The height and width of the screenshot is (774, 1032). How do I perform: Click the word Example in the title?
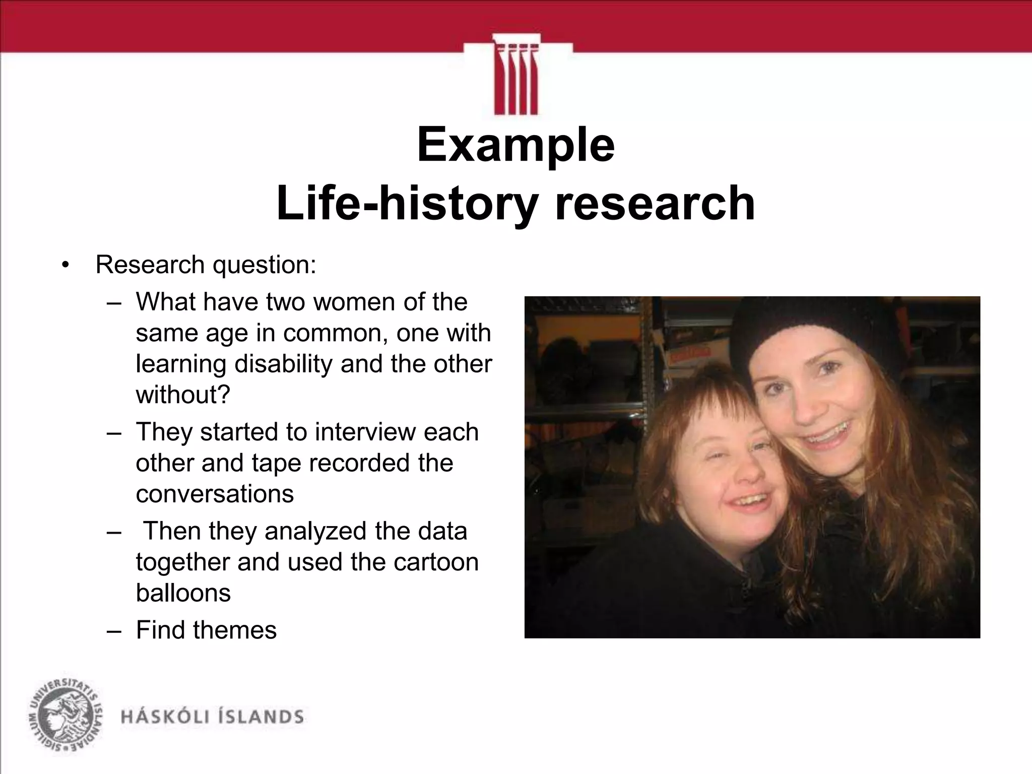click(x=515, y=146)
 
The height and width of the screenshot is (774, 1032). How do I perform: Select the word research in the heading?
click(x=655, y=203)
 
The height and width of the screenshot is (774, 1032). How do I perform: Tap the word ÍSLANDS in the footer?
click(x=259, y=717)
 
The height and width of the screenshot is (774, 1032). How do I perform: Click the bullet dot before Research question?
click(x=64, y=266)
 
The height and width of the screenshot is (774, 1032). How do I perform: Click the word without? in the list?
click(x=183, y=395)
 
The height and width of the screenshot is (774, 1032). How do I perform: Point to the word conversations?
click(x=215, y=494)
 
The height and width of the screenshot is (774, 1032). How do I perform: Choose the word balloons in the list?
click(x=183, y=593)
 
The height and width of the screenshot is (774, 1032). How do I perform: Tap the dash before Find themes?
click(x=114, y=630)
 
